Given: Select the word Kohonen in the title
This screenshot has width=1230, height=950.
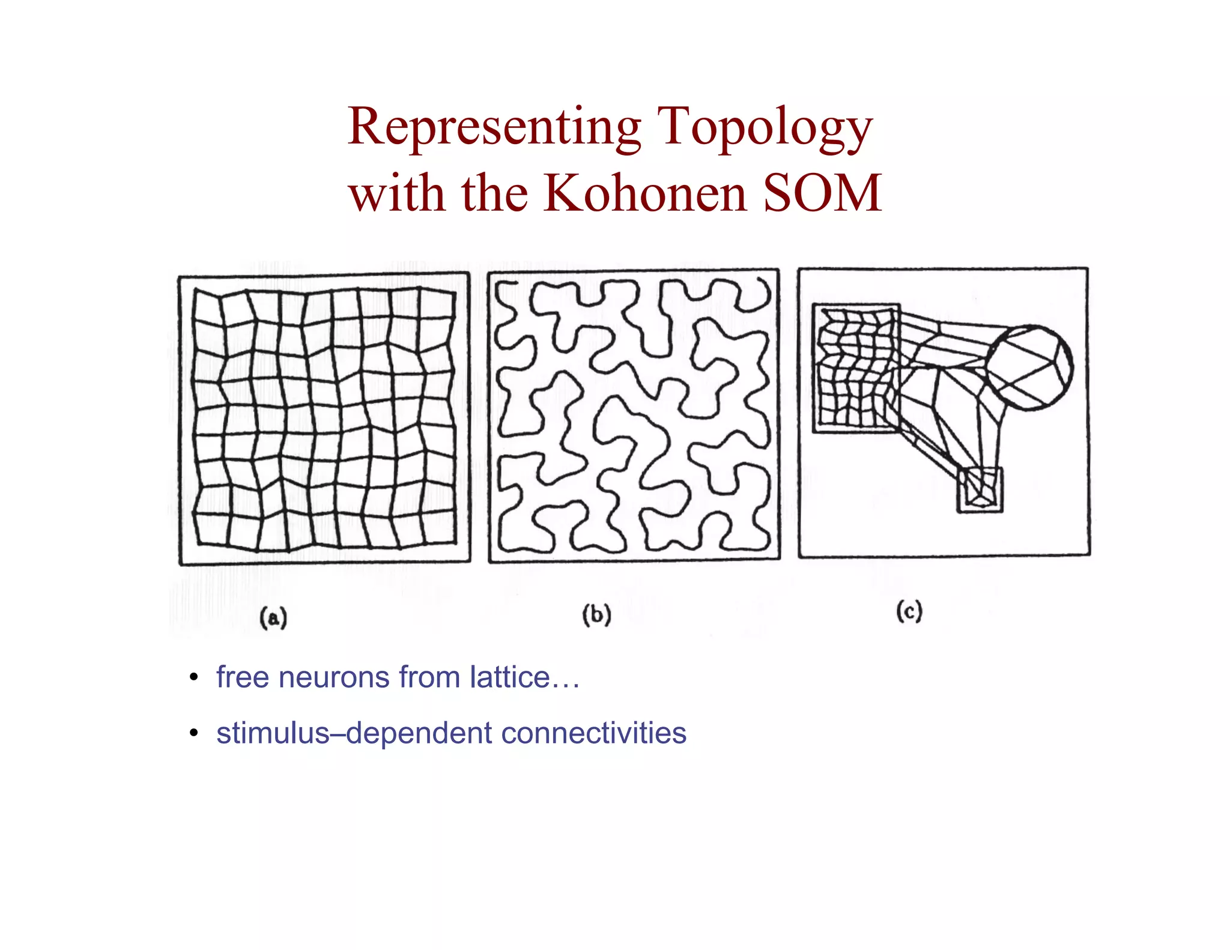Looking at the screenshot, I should coord(645,193).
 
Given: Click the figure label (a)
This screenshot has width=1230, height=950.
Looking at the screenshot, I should coord(273,618).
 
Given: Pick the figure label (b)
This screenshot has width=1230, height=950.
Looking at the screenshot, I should coord(596,615).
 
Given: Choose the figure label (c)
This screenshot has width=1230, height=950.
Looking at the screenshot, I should coord(909,612).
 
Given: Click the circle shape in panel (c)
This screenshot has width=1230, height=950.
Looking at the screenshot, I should coord(1029,368).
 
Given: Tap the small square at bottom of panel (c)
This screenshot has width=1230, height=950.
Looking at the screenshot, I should coord(980,490).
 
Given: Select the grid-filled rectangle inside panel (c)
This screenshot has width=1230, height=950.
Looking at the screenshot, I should coord(856,368).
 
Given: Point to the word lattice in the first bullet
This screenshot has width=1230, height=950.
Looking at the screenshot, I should coord(510,677).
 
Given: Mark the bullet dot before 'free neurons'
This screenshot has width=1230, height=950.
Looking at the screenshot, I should coord(193,678).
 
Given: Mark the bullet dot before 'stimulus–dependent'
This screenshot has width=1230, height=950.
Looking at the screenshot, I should coord(193,733).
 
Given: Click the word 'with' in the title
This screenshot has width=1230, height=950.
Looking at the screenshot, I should coord(398,193).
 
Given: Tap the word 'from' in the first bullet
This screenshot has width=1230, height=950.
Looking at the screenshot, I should coord(429,677).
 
